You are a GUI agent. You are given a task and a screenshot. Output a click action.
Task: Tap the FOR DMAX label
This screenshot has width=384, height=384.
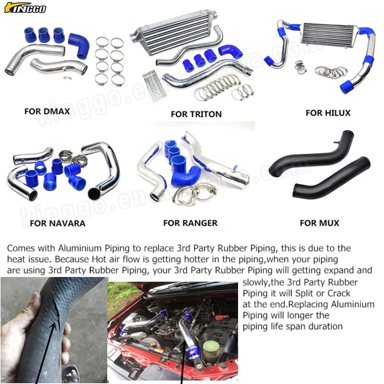[x=47, y=111]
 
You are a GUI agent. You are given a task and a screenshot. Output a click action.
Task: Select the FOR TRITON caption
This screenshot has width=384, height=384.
[x=196, y=114]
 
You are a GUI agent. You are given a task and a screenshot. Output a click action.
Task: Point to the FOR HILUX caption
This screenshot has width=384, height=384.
[x=328, y=113]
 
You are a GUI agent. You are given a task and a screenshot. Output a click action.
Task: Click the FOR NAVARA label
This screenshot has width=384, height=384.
[x=57, y=223]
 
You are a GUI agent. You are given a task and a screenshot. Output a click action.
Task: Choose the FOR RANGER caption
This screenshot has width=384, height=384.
[x=190, y=223]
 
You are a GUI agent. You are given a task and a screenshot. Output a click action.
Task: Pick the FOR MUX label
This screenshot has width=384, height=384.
[x=319, y=223]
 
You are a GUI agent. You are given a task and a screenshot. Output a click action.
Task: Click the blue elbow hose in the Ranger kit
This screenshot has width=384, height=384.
[x=187, y=174]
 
